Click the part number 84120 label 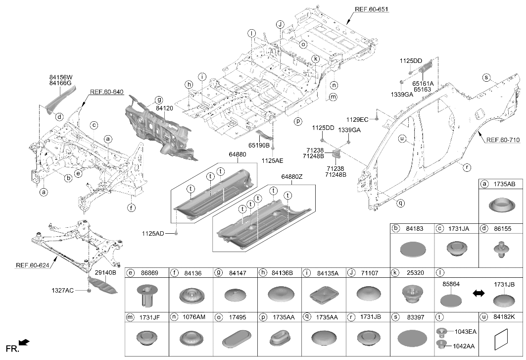[x=164, y=108]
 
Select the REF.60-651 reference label [x=372, y=9]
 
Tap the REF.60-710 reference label [x=503, y=140]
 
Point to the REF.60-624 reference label [x=33, y=265]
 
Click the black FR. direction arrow [x=24, y=343]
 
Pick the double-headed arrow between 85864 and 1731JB [x=478, y=294]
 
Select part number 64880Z [x=292, y=177]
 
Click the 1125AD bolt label [x=153, y=233]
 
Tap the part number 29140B [x=105, y=273]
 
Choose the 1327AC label [x=62, y=290]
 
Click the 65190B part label [x=259, y=146]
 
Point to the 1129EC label [x=357, y=119]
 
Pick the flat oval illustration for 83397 [x=412, y=338]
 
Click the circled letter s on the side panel [x=486, y=78]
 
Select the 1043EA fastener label [x=466, y=332]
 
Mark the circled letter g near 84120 [x=159, y=100]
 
